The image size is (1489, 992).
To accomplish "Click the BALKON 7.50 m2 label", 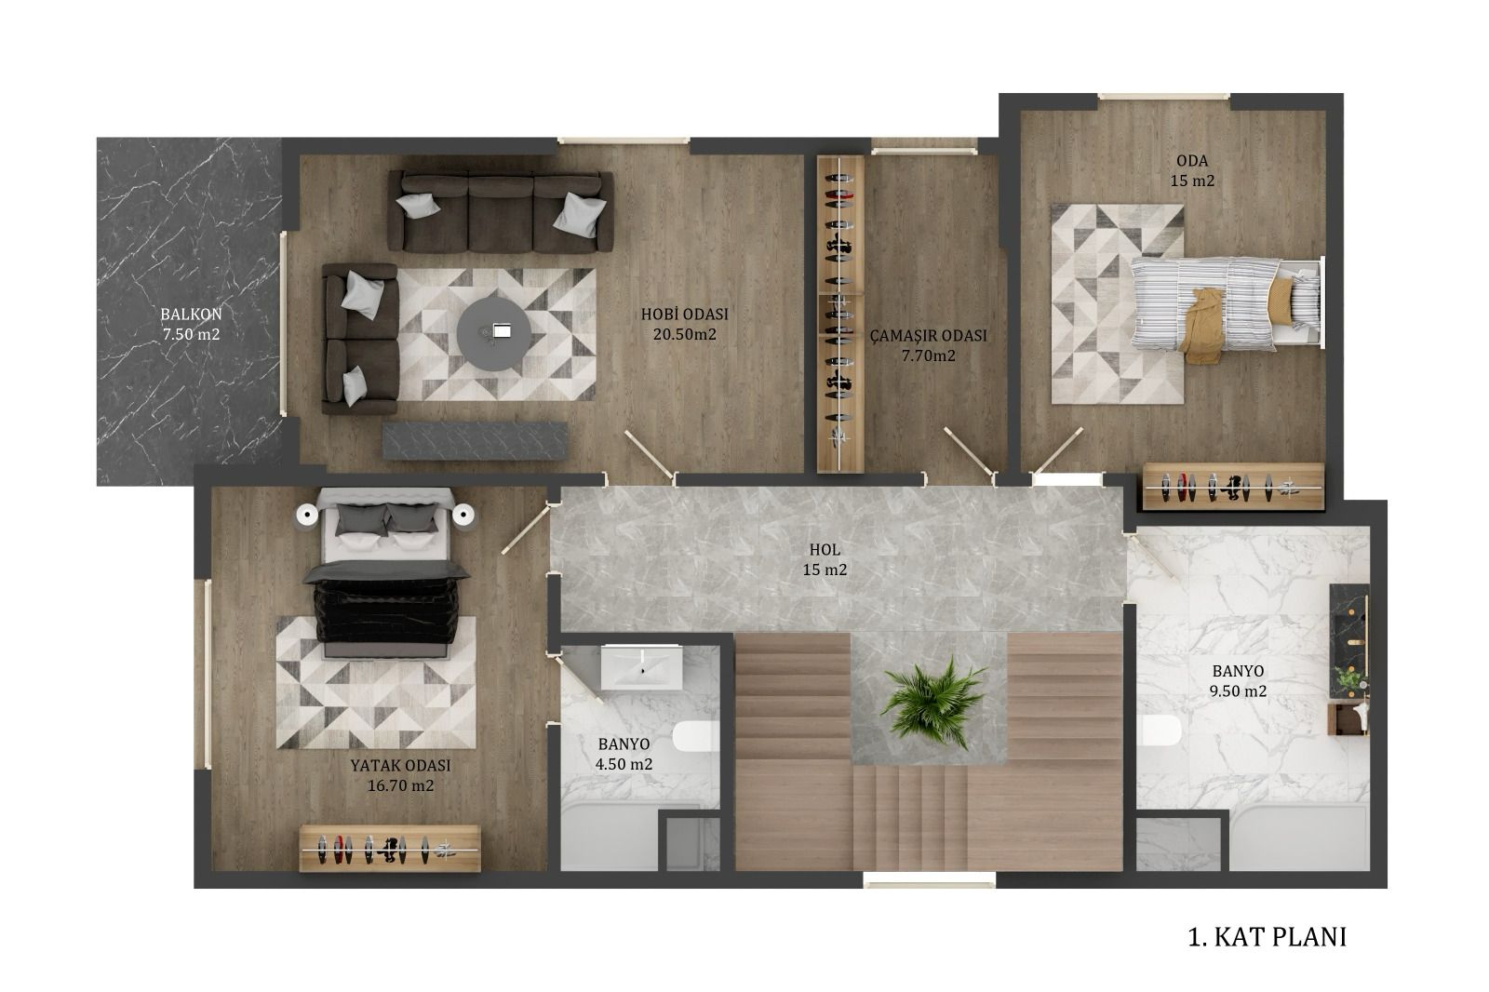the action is pyautogui.click(x=191, y=324).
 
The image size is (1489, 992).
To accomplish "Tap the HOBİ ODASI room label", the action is pyautogui.click(x=684, y=314).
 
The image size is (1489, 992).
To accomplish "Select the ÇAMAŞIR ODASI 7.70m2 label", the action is pyautogui.click(x=928, y=345).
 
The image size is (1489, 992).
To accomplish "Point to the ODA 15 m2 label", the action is pyautogui.click(x=1192, y=170).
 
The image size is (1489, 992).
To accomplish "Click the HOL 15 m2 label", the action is pyautogui.click(x=825, y=559).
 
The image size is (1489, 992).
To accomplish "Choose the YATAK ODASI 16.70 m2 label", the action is pyautogui.click(x=400, y=775).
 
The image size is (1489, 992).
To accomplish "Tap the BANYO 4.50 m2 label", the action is pyautogui.click(x=624, y=754).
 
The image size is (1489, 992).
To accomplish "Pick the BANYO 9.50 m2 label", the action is pyautogui.click(x=1237, y=681).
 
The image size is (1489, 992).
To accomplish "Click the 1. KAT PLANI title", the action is pyautogui.click(x=1267, y=937).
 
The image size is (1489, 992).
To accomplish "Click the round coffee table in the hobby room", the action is pyautogui.click(x=493, y=334).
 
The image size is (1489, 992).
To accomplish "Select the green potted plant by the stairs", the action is pyautogui.click(x=932, y=703).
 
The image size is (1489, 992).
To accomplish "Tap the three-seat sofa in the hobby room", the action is pyautogui.click(x=500, y=211).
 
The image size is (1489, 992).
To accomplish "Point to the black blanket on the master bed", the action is pyautogui.click(x=387, y=602).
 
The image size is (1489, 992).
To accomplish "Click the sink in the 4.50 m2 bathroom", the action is pyautogui.click(x=641, y=667).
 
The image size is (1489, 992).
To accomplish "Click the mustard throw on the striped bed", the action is pyautogui.click(x=1204, y=326).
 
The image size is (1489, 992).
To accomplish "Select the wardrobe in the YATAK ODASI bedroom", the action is pyautogui.click(x=390, y=849).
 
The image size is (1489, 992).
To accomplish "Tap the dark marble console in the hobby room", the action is pyautogui.click(x=475, y=441).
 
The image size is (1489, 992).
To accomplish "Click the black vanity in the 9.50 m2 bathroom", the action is pyautogui.click(x=1348, y=641).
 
